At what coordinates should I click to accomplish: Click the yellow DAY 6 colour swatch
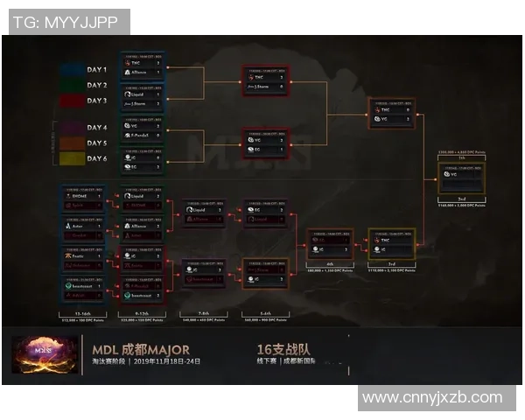(72, 158)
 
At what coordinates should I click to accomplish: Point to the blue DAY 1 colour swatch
(72, 69)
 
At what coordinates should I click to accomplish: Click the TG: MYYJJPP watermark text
(66, 22)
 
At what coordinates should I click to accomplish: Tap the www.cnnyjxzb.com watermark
(432, 397)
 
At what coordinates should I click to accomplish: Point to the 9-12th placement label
(141, 312)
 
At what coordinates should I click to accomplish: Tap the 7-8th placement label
(203, 312)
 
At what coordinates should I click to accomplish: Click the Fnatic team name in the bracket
(79, 255)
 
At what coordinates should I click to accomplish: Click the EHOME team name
(80, 197)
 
